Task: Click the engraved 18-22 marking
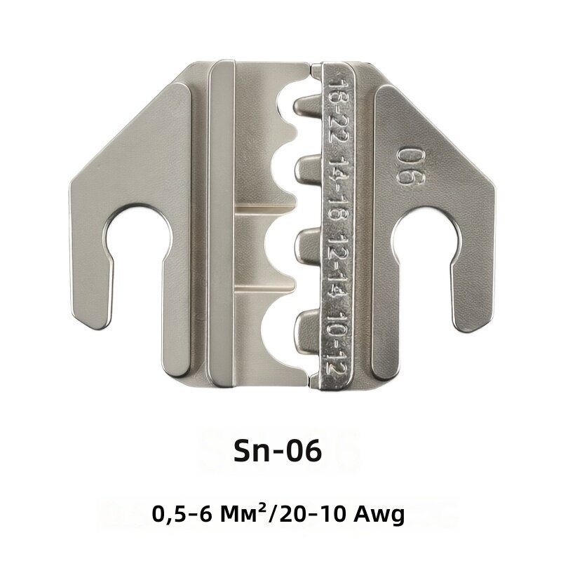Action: [x=338, y=109]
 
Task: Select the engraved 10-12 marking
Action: [x=337, y=342]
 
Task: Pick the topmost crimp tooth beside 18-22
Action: [x=309, y=107]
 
